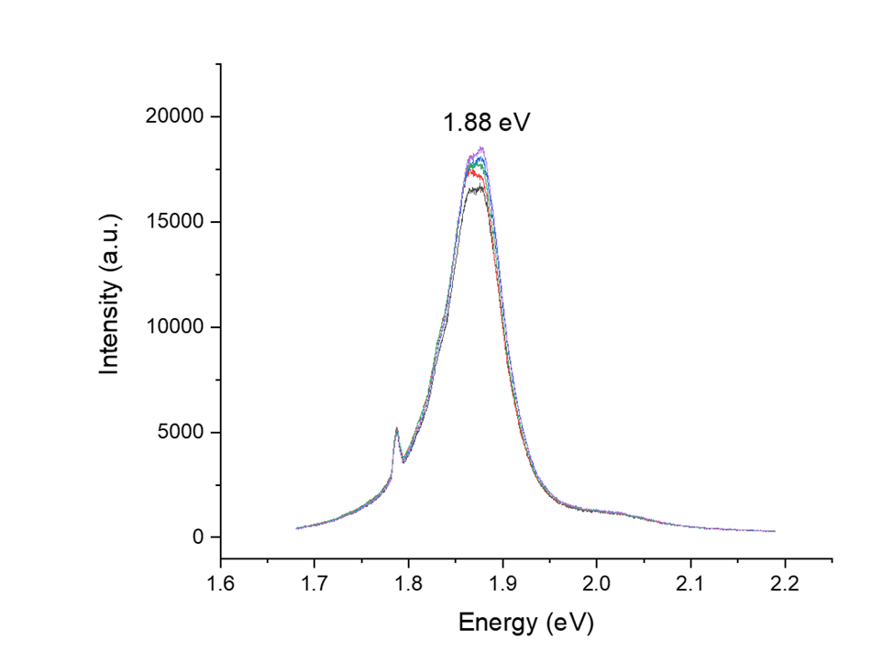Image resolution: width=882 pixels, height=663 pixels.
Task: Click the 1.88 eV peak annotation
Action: tap(486, 123)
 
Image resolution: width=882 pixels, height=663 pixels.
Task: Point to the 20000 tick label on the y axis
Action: tap(181, 117)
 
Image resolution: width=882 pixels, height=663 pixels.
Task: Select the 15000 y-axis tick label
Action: tap(181, 223)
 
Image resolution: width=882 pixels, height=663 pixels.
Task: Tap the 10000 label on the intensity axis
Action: tap(181, 327)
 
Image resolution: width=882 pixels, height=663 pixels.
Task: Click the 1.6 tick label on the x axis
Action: tap(220, 583)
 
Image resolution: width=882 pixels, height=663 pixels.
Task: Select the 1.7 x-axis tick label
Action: tap(314, 583)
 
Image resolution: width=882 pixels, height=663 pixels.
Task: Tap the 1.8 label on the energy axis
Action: tap(408, 583)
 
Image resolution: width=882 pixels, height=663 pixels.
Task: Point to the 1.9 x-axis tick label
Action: tap(502, 583)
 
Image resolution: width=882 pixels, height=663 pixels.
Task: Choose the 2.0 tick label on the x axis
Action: tap(596, 583)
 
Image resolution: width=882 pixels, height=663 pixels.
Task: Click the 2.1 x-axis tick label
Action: tap(690, 583)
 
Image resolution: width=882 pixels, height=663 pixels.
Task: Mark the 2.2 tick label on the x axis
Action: tap(784, 583)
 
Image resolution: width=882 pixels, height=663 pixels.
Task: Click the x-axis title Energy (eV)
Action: tap(526, 624)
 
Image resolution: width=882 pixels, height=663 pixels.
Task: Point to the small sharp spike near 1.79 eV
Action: tap(396, 428)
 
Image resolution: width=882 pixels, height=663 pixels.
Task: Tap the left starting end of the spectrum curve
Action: tap(297, 528)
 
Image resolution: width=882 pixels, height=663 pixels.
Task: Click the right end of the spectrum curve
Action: tap(774, 531)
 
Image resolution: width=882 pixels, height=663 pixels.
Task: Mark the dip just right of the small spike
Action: tap(403, 460)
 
